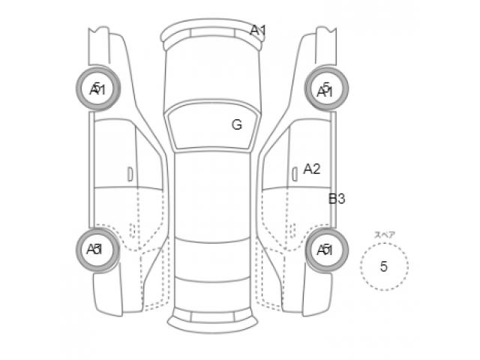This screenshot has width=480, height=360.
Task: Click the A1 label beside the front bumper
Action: pyautogui.click(x=258, y=31)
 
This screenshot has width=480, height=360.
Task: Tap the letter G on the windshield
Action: pyautogui.click(x=236, y=124)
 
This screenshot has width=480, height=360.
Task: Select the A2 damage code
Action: pyautogui.click(x=312, y=169)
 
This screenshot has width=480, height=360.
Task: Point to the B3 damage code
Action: pyautogui.click(x=337, y=199)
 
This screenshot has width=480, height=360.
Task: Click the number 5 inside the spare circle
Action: pyautogui.click(x=384, y=266)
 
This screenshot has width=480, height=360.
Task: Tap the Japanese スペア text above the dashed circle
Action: pyautogui.click(x=385, y=235)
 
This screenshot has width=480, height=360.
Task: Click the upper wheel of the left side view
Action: pyautogui.click(x=97, y=88)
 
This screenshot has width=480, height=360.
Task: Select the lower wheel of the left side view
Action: pyautogui.click(x=97, y=249)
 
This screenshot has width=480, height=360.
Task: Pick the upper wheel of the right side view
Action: pyautogui.click(x=325, y=88)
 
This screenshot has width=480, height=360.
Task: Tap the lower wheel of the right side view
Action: pyautogui.click(x=325, y=249)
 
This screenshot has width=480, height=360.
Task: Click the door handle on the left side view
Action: pyautogui.click(x=130, y=174)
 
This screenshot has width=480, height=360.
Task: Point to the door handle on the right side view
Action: pyautogui.click(x=292, y=174)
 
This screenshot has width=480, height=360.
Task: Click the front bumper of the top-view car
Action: pyautogui.click(x=213, y=33)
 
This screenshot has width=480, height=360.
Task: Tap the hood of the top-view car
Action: pyautogui.click(x=211, y=75)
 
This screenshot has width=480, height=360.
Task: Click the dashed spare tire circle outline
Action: pyautogui.click(x=361, y=266)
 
